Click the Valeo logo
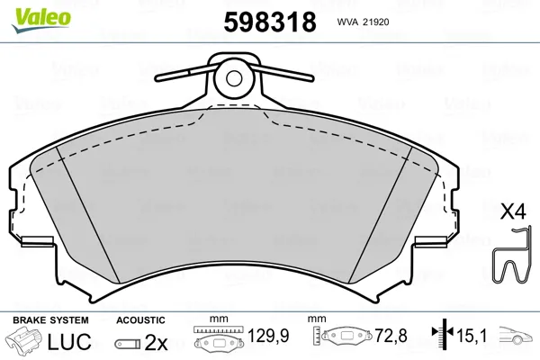tap(41, 21)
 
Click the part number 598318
tap(270, 22)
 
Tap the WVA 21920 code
tap(363, 22)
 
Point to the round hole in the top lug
tap(234, 78)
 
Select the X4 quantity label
tap(513, 211)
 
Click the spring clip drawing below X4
tap(510, 256)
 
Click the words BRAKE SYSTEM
tap(50, 320)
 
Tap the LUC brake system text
tap(69, 341)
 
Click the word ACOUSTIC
tap(140, 320)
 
